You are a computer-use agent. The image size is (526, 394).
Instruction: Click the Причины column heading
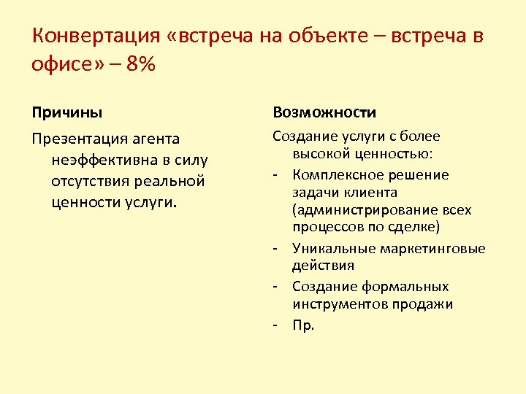(67, 113)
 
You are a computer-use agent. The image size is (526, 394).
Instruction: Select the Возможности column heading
(324, 113)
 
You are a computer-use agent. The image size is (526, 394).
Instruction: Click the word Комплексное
(337, 175)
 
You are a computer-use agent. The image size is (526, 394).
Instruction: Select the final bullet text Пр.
(303, 325)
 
